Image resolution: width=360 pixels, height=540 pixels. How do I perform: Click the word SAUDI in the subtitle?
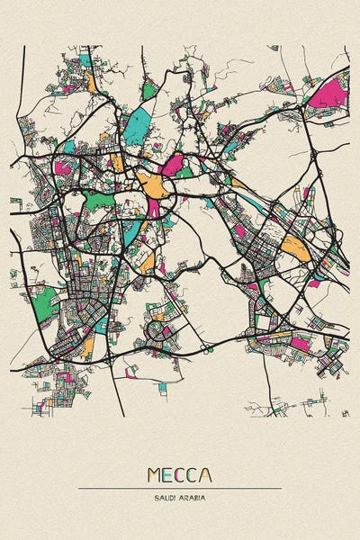point(166,497)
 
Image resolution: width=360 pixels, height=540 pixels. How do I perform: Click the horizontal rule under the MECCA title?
point(180,489)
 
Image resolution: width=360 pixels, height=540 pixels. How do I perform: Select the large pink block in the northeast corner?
point(330,92)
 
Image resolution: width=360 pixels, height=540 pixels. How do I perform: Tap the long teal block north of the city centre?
point(136,125)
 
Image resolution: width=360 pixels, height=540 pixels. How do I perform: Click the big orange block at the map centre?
point(154,185)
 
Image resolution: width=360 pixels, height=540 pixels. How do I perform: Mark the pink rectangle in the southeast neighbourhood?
point(300,343)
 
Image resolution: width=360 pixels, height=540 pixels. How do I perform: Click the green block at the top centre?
point(149,91)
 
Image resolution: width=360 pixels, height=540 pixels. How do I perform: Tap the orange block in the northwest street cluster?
point(91,83)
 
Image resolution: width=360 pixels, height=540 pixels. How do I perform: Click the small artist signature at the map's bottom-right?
point(345,412)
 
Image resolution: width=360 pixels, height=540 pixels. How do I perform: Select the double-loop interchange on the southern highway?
point(205,346)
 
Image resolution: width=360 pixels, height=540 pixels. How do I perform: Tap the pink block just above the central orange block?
point(171,164)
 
